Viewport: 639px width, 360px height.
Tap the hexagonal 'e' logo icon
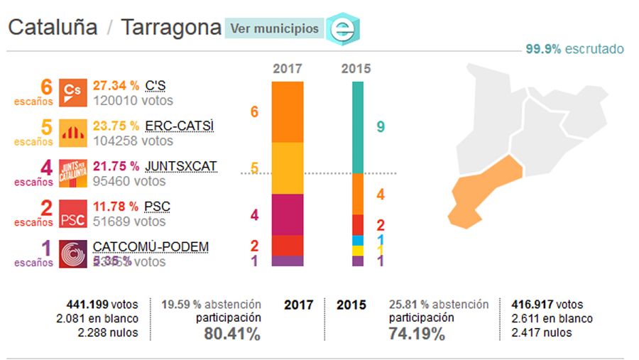(344, 29)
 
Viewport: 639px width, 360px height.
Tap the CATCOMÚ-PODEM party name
(151, 247)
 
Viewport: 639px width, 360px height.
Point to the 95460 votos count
(129, 181)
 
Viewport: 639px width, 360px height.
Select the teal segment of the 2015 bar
(358, 128)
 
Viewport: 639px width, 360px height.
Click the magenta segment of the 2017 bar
(288, 214)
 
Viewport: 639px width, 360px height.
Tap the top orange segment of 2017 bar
(288, 112)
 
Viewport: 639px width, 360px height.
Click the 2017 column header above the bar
(288, 69)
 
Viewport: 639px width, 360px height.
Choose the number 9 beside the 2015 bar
(381, 127)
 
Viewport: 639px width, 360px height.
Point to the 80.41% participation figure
(231, 334)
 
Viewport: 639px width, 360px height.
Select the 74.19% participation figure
(417, 334)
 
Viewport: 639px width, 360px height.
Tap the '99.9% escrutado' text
(574, 49)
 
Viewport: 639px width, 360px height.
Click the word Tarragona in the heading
(171, 28)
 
